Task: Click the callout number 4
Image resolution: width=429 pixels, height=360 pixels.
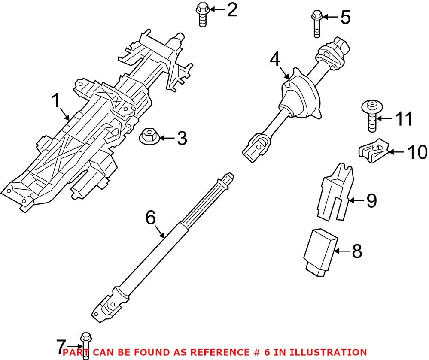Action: point(275,60)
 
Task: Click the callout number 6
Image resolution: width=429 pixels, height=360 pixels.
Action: point(150,218)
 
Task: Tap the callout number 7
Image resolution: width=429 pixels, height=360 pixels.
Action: point(61,345)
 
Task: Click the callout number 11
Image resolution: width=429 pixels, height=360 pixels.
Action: point(403,119)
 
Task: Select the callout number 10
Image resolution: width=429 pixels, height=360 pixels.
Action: point(417,152)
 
